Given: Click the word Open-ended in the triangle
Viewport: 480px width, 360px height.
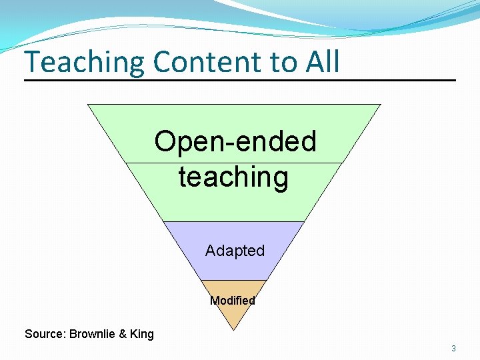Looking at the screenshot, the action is coord(235,141).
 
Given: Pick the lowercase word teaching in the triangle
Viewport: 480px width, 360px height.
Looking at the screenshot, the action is coord(233,177).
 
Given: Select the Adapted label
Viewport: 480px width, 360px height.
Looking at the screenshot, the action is coord(235,251).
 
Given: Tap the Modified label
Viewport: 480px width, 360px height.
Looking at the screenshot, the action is coord(233,301).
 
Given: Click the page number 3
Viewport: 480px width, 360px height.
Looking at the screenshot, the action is coord(453,348).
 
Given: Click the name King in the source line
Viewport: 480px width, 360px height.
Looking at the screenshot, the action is coord(142,334).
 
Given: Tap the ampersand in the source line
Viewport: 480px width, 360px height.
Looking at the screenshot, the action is coord(122,334).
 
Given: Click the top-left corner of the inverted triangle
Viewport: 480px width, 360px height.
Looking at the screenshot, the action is coord(88,104).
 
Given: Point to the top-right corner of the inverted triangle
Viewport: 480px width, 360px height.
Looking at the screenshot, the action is coord(381,104).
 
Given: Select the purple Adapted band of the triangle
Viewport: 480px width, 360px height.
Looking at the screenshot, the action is coord(200,263).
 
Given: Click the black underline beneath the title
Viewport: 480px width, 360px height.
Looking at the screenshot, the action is coord(240,81).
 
